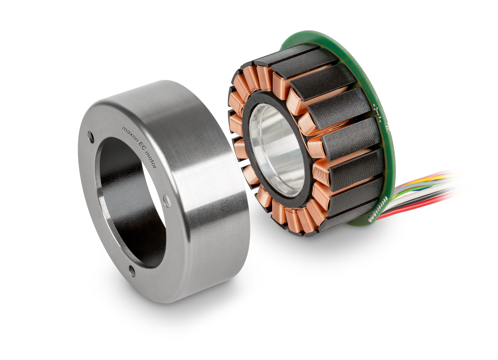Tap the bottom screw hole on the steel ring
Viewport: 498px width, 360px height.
[x=132, y=272]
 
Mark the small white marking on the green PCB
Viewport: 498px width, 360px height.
[x=378, y=110]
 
